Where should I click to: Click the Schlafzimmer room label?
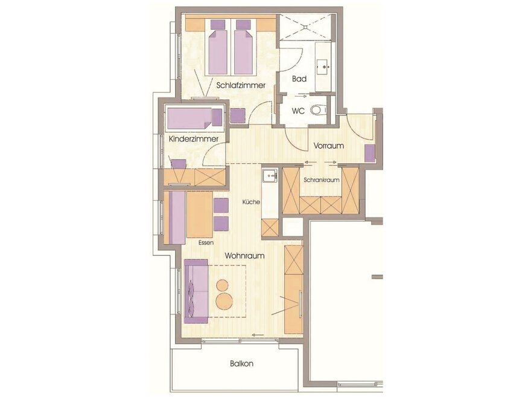point(241,85)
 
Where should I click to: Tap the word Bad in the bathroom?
point(299,79)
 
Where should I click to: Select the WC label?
point(298,111)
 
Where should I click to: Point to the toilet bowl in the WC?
point(317,109)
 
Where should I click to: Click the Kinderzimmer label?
point(193,139)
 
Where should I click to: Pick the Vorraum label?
point(328,146)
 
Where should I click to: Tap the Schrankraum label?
point(322,180)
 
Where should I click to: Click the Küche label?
point(251,202)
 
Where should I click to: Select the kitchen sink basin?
point(269,175)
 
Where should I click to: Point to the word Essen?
point(206,242)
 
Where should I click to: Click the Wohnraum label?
point(244,256)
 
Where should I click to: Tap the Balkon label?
point(241,364)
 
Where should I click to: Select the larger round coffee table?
point(224,301)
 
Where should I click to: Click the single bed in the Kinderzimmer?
point(195,118)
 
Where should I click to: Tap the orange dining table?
point(200,215)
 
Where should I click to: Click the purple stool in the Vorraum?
point(369,153)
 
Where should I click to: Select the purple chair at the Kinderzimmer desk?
point(179,164)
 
